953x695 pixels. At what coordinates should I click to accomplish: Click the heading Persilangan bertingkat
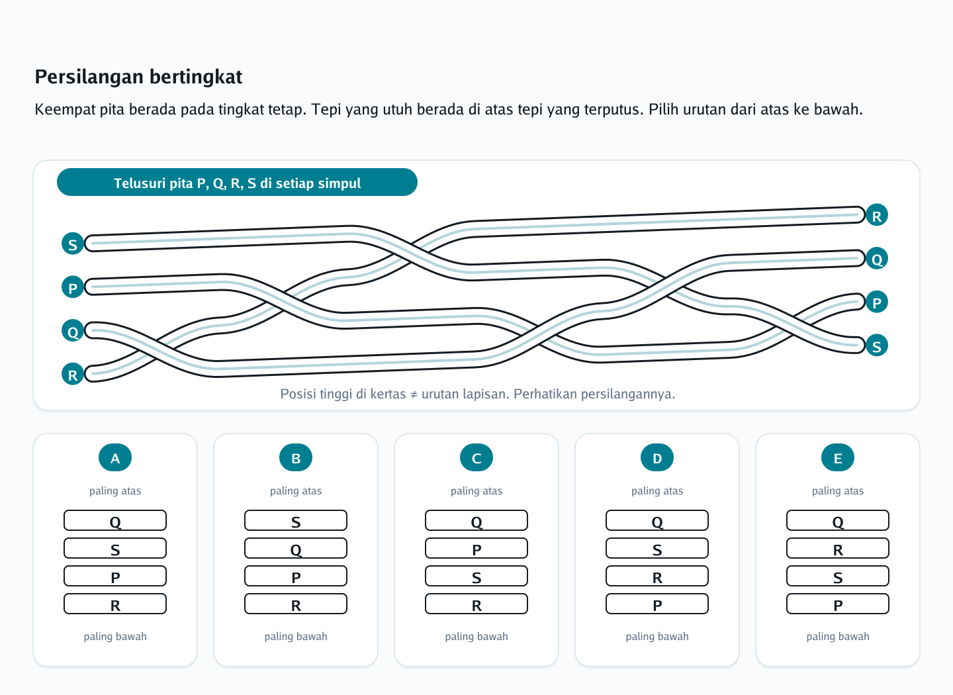tap(138, 77)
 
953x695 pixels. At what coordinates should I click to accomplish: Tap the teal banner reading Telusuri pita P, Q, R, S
tap(237, 182)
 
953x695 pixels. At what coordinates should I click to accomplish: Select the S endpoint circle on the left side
tap(73, 244)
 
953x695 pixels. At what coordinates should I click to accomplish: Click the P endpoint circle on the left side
tap(73, 287)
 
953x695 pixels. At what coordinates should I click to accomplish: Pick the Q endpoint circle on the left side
tap(73, 331)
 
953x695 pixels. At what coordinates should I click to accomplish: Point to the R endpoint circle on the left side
tap(73, 374)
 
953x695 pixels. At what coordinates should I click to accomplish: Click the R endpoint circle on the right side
tap(877, 215)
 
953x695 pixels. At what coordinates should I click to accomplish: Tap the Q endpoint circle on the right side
tap(877, 258)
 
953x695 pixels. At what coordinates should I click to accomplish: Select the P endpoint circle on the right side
tap(877, 302)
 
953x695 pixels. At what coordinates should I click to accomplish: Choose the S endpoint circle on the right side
tap(877, 345)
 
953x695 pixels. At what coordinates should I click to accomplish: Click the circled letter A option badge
tap(115, 457)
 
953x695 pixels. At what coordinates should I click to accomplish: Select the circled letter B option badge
tap(296, 457)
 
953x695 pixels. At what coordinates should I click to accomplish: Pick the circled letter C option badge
tap(476, 457)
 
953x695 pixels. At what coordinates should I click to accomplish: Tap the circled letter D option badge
tap(657, 457)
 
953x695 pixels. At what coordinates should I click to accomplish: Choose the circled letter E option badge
tap(838, 457)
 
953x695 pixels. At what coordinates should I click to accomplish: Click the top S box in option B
tap(296, 520)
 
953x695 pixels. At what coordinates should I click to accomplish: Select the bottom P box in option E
tap(838, 604)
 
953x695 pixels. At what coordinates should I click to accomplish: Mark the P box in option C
tap(476, 548)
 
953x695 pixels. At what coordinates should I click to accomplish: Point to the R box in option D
tap(657, 577)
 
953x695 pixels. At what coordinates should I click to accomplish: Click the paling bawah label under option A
tap(115, 636)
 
